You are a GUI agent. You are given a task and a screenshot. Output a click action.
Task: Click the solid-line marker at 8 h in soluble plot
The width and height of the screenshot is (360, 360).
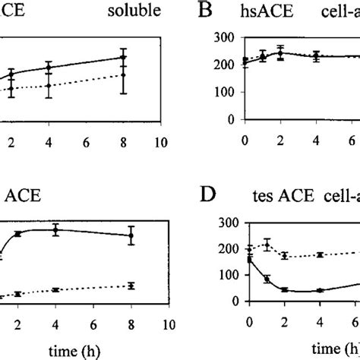[123, 57]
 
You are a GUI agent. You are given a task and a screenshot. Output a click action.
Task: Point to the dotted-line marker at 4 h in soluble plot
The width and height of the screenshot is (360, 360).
[49, 85]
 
